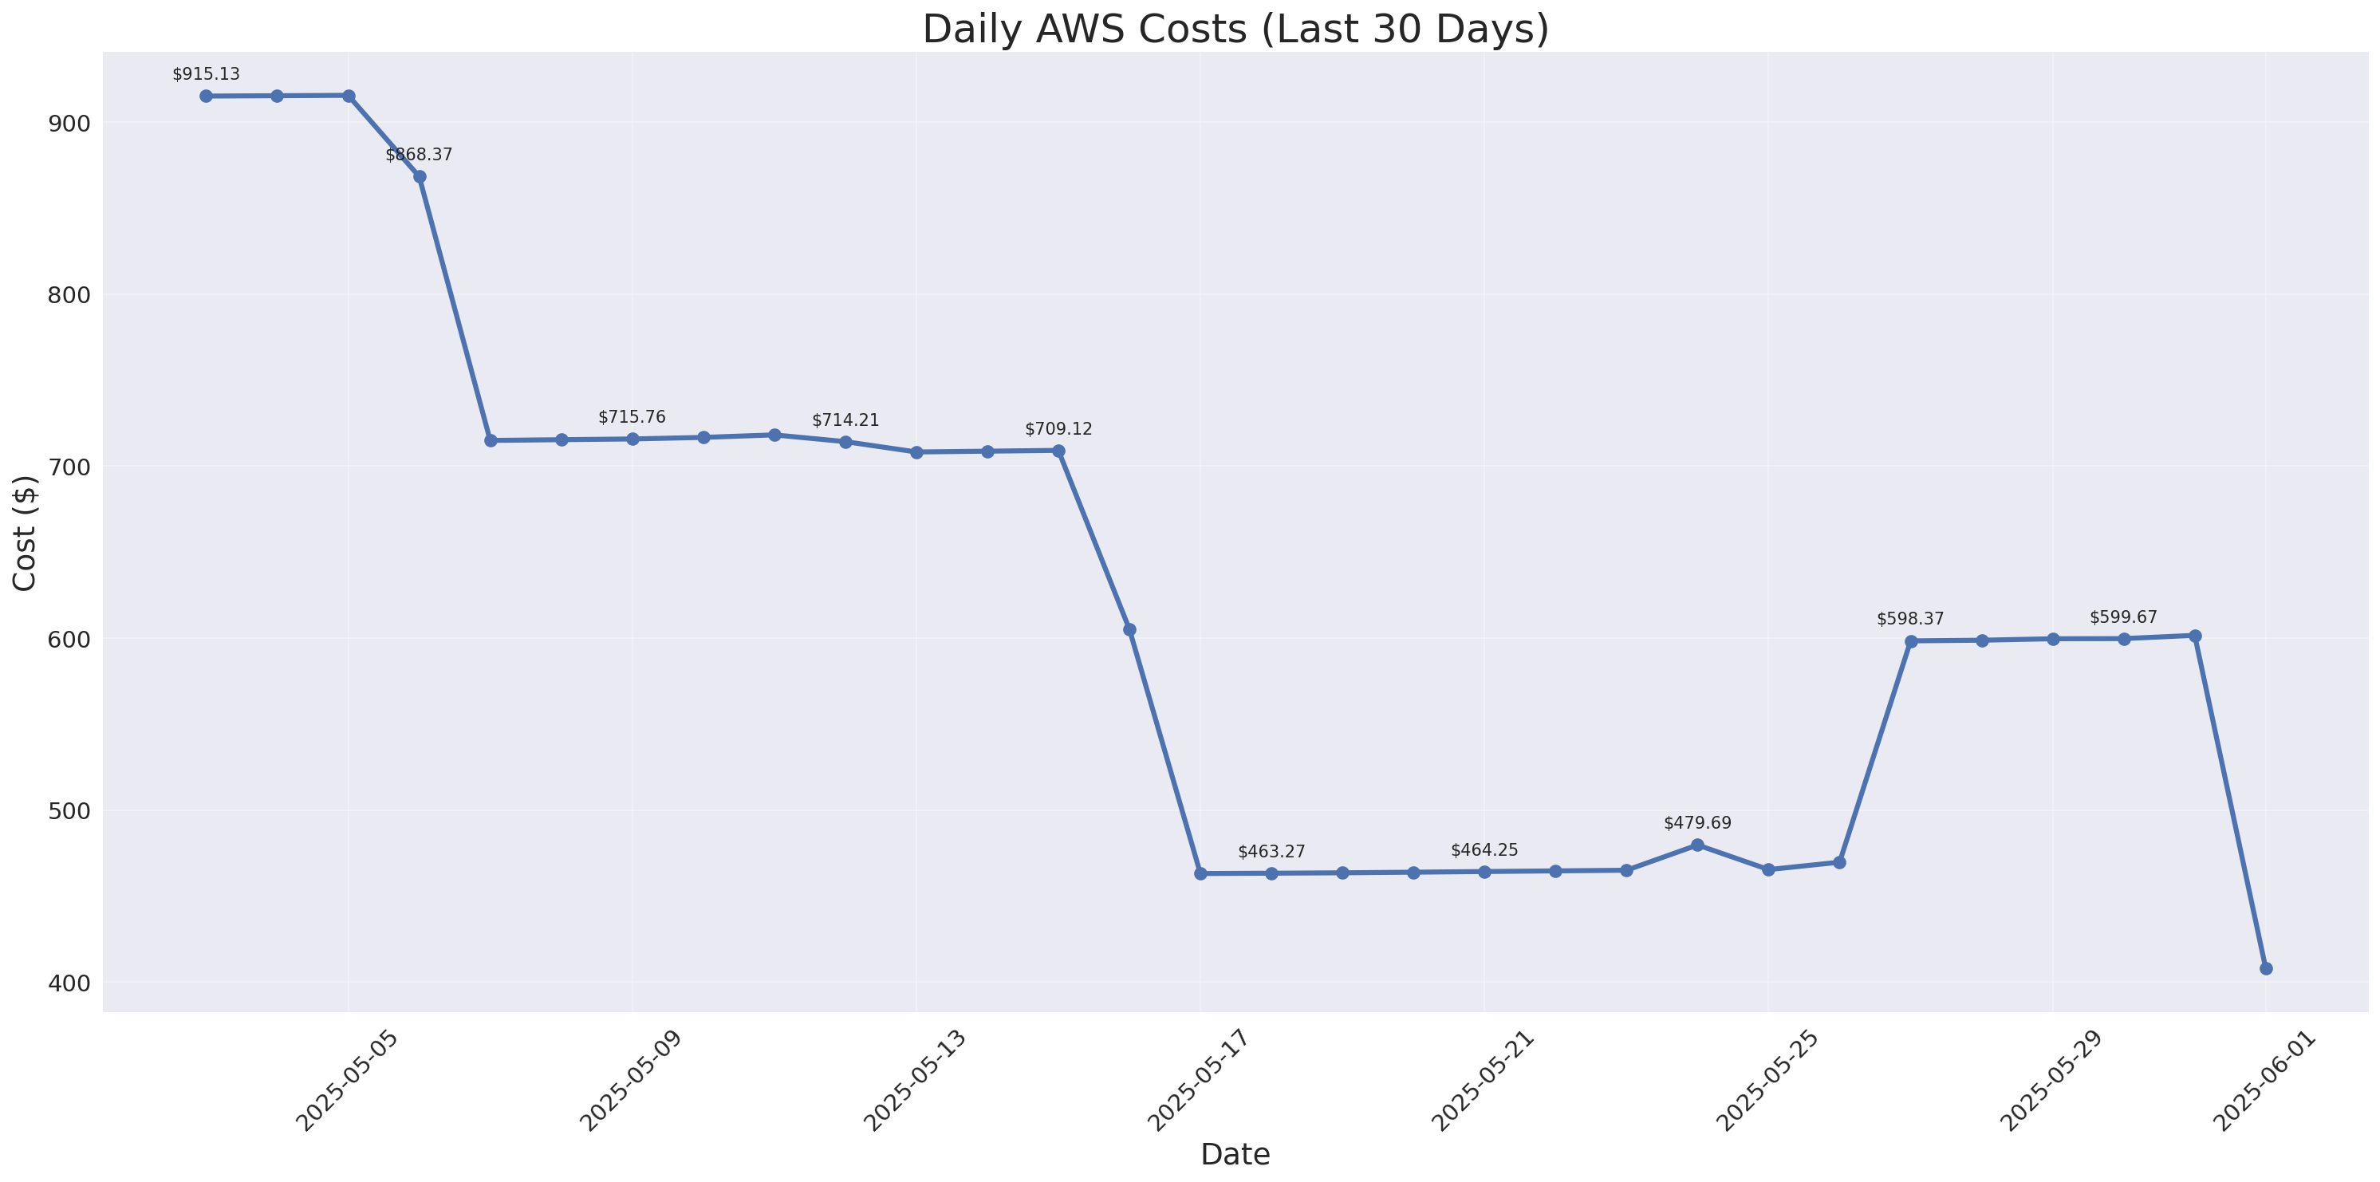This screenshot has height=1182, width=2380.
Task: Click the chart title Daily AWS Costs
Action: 1235,29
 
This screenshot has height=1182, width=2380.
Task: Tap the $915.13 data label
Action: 206,74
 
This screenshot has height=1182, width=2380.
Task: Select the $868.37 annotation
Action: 420,155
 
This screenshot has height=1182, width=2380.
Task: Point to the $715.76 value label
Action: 632,417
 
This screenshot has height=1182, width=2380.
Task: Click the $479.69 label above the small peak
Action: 1697,822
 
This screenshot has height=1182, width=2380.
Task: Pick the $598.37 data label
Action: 1909,618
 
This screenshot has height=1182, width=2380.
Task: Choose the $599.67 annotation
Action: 2123,617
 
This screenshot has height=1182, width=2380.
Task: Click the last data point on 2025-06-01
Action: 2265,968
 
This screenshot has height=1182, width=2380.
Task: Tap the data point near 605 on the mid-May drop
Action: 1129,629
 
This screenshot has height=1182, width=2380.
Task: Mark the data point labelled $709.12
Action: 1059,451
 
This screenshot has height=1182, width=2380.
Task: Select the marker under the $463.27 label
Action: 1271,873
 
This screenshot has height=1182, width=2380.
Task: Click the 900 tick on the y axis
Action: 69,123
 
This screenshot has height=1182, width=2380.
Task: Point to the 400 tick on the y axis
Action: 69,983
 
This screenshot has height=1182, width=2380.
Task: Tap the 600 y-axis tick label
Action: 69,640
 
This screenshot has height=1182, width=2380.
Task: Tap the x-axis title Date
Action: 1235,1154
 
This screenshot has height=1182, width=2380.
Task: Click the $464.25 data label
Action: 1484,850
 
